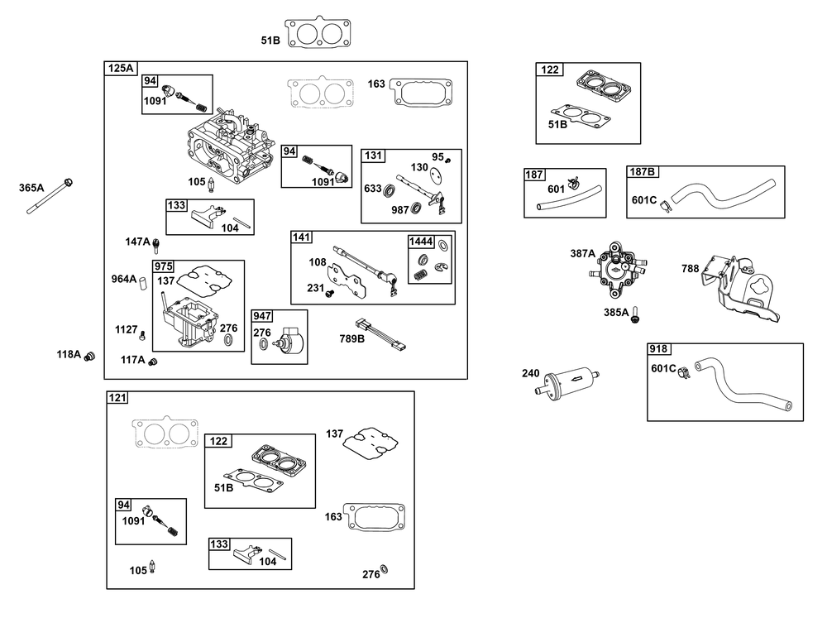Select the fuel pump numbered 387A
tap(618, 269)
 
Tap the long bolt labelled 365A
tap(50, 196)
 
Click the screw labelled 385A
tap(635, 314)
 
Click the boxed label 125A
tap(121, 68)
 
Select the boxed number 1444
tap(422, 242)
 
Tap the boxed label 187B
tap(643, 172)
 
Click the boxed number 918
tap(658, 349)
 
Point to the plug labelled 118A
tap(89, 357)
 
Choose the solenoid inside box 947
tap(289, 338)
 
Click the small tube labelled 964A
tap(142, 283)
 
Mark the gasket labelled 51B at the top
tap(318, 33)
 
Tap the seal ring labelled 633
tap(390, 189)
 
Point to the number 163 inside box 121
tap(333, 517)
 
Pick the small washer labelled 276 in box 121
tap(384, 569)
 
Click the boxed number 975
tap(164, 266)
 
